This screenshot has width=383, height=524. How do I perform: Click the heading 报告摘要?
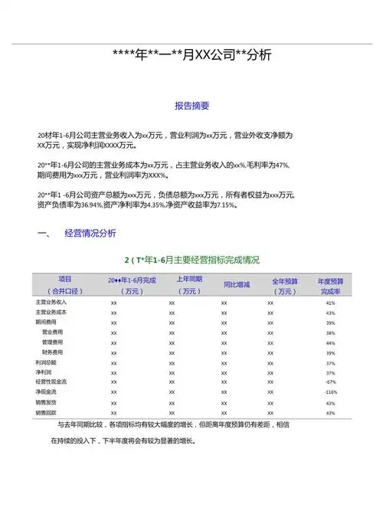pos(192,106)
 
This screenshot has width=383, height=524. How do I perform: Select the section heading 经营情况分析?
pos(90,233)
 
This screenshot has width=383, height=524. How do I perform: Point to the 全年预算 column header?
pos(284,286)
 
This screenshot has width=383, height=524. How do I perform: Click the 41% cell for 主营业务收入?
pos(331,303)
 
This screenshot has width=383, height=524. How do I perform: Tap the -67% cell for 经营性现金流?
pos(331,382)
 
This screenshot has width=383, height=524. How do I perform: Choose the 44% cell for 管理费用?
pos(331,342)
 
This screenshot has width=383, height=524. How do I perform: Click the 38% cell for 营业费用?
pos(331,332)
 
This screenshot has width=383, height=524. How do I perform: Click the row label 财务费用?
pos(52,352)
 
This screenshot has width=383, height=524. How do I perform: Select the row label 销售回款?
pos(46,412)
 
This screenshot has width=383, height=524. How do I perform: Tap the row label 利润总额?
pos(46,362)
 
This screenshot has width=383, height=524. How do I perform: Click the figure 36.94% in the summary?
pos(91,205)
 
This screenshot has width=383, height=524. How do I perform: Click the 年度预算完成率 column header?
pos(330,286)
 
